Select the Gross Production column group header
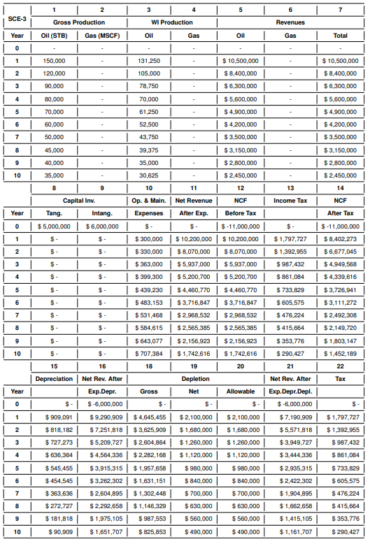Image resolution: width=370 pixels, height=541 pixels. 77,22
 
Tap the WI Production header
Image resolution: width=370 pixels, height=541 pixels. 171,22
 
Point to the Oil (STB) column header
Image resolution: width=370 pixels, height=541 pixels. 54,35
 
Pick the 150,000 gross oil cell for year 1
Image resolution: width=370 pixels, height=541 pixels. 54,61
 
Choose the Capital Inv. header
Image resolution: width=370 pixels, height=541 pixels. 77,201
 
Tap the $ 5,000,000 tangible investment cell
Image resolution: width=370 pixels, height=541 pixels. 53,226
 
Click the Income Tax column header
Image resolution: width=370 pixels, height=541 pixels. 290,201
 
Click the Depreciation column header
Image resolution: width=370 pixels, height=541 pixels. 53,379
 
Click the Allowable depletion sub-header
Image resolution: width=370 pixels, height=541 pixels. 241,391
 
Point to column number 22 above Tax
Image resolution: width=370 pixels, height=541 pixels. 340,366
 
